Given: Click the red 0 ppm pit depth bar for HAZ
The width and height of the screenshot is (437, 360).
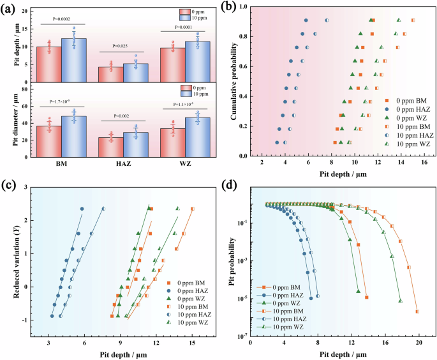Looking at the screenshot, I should tap(110, 74).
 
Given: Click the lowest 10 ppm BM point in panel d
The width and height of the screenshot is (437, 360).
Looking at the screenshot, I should tap(417, 311).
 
